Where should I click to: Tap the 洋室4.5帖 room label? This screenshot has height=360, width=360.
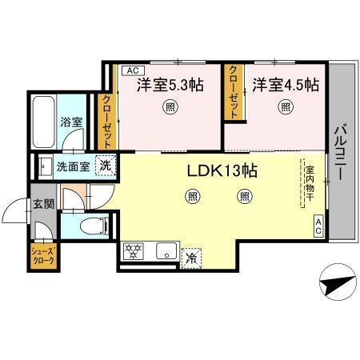coord(286,84)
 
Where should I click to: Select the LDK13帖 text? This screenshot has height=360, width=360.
coord(222,170)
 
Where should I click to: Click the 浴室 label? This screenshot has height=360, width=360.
coord(71,122)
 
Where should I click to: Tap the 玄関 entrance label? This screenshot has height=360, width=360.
coord(43,203)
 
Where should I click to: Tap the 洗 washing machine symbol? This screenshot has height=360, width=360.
coord(105,166)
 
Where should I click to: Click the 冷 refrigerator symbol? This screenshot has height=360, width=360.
coord(192,258)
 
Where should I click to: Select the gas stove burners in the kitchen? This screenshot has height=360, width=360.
coord(133,250)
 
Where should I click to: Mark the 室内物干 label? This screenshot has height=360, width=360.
coord(308,185)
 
